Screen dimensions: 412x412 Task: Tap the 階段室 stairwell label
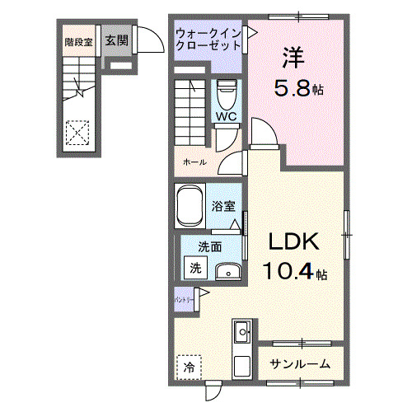pos(78,41)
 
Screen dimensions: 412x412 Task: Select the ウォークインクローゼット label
pos(207,40)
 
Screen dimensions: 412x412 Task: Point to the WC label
pos(227,117)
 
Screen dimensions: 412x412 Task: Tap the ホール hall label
pos(194,163)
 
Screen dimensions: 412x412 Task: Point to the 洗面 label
pos(208,246)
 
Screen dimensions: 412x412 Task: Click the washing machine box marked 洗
pos(195,267)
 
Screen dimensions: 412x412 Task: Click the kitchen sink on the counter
pos(242,333)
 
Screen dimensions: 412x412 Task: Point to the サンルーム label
pos(301,363)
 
